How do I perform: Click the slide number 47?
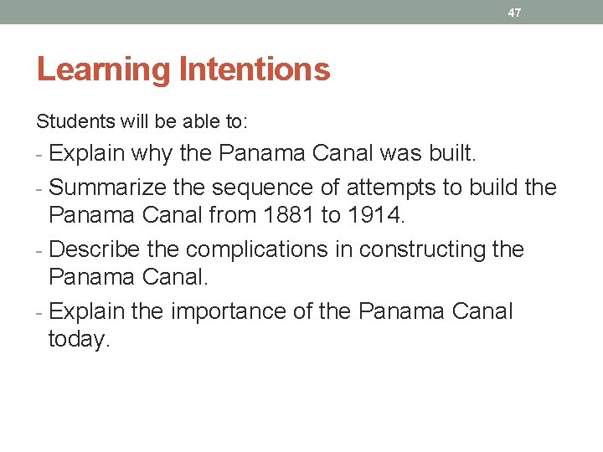coord(515,13)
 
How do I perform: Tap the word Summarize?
coord(109,187)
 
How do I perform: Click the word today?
coord(79,340)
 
